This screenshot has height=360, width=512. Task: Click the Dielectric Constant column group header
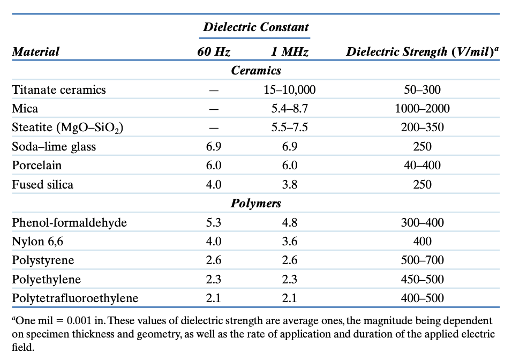click(x=256, y=27)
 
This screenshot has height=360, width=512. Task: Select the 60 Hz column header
click(x=214, y=52)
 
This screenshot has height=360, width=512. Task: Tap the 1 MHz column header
click(x=289, y=52)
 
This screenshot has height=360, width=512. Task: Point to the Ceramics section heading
click(x=256, y=70)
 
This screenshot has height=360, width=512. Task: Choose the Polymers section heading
click(x=256, y=204)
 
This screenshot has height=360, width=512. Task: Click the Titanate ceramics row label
click(x=59, y=90)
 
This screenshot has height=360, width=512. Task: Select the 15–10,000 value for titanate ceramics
click(x=290, y=90)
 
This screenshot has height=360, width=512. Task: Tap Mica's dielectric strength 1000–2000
click(x=422, y=109)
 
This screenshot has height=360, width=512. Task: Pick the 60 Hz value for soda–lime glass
click(x=214, y=147)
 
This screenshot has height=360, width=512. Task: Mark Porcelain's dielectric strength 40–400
click(x=422, y=166)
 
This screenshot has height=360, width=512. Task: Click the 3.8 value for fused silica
click(x=290, y=185)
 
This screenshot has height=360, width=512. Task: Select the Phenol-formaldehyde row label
click(x=69, y=222)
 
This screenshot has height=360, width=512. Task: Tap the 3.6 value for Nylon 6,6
click(x=290, y=242)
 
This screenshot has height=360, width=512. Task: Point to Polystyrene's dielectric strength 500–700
click(x=422, y=260)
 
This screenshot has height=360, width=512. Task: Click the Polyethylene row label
click(x=47, y=280)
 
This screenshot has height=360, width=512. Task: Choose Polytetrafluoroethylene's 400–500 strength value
click(x=422, y=298)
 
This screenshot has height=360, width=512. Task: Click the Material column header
click(x=36, y=52)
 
